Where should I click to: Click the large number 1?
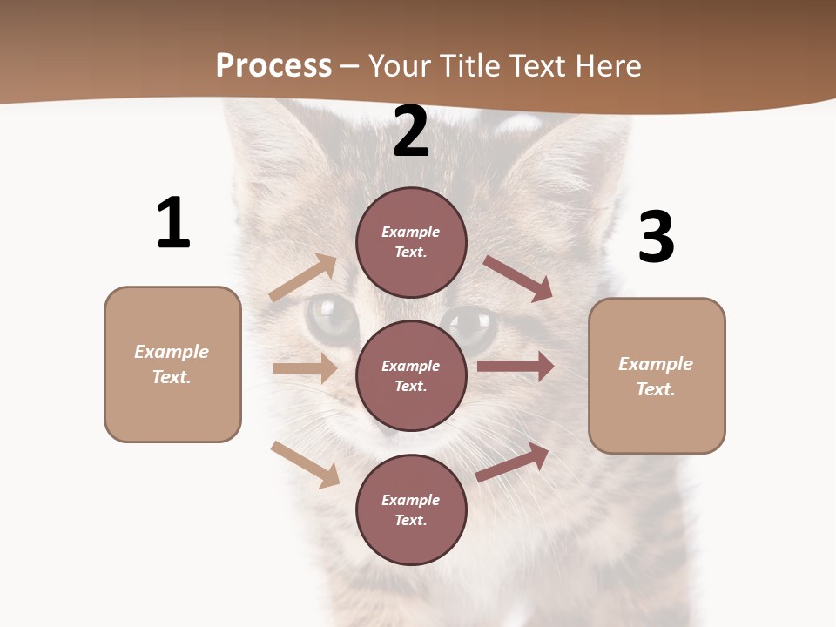point(173,224)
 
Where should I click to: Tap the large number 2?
point(411,131)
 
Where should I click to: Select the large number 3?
point(656,238)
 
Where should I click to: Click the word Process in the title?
point(273,66)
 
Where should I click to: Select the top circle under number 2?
point(412,242)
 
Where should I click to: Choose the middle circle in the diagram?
point(412,375)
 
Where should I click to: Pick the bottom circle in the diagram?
point(412,509)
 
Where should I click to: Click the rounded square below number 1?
point(172,364)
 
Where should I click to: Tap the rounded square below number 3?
point(657,376)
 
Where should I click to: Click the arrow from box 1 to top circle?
point(303,278)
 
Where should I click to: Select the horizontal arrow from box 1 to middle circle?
point(305,368)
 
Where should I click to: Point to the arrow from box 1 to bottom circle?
point(305,464)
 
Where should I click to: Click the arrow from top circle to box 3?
point(518,279)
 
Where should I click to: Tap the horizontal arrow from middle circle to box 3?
point(516,366)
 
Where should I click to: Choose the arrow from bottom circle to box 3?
point(512,462)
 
